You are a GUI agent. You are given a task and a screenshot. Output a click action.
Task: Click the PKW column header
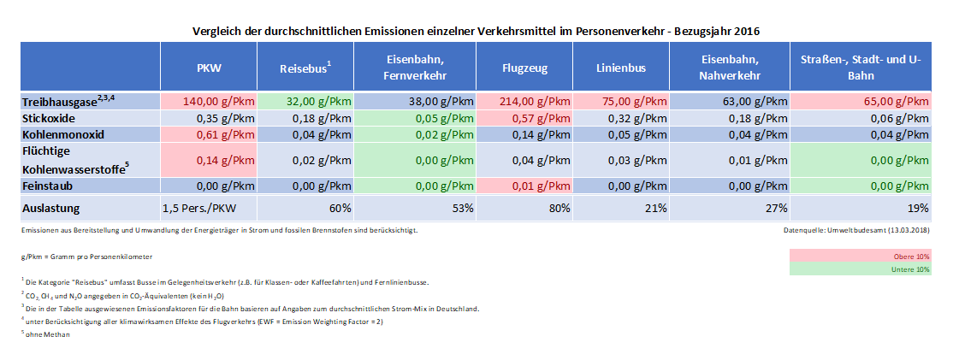tap(209, 67)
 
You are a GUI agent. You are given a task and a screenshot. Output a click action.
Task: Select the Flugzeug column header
tap(524, 67)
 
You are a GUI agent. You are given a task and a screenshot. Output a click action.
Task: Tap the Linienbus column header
tap(620, 67)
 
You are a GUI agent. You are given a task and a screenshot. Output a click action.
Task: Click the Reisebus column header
tap(305, 67)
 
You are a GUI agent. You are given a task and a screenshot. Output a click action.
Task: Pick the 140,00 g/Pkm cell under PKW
tap(209, 102)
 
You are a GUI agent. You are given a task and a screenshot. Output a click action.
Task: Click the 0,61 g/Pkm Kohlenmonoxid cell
tap(209, 134)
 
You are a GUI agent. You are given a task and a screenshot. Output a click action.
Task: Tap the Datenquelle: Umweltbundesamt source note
tap(856, 230)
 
